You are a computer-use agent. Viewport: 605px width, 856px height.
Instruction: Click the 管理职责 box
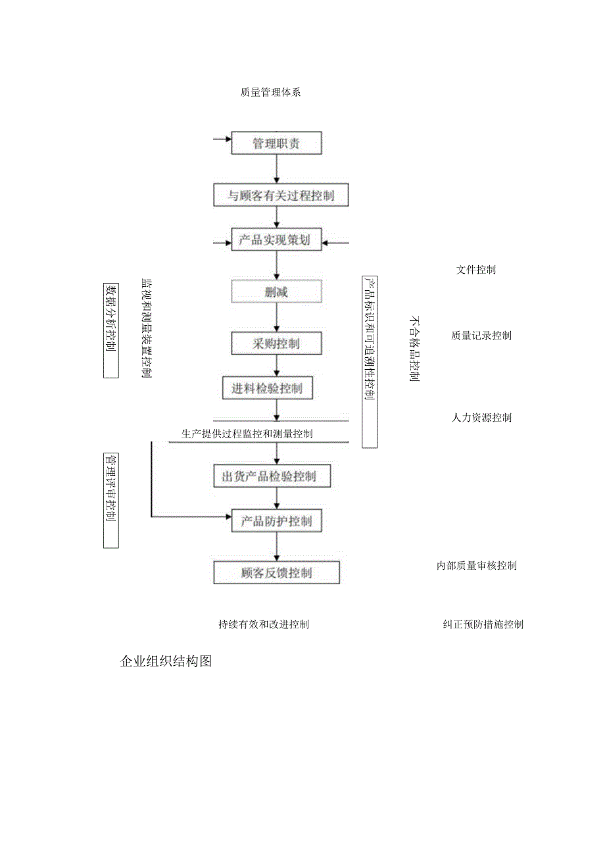tap(276, 143)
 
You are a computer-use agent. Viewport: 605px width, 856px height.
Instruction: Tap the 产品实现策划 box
tap(276, 241)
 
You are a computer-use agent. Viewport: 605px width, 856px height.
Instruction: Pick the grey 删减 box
tap(276, 291)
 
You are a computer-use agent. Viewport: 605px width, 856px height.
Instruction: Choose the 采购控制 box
tap(276, 343)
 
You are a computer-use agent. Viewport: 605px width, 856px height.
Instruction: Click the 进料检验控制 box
tap(266, 389)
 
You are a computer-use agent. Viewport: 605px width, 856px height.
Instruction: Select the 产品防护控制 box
tap(276, 522)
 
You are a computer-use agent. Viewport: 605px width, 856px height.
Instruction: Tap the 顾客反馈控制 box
tap(276, 572)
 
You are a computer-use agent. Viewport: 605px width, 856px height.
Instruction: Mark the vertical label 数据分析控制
tap(111, 331)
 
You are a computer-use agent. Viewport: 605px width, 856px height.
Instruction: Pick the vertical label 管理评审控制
tap(111, 500)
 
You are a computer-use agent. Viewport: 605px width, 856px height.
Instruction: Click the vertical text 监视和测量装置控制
tap(147, 328)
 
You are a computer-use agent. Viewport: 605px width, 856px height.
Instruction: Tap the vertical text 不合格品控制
tap(414, 348)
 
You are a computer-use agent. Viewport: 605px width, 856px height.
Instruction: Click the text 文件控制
tap(476, 270)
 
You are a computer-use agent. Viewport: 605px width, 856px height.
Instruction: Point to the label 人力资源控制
tap(481, 418)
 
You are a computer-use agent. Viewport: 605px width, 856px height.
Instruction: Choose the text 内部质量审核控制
tap(477, 566)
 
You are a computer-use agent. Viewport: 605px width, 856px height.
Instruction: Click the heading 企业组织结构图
tap(166, 662)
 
